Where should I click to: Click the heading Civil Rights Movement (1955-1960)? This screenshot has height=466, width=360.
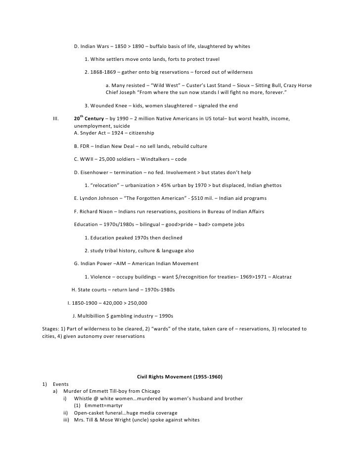click(x=180, y=377)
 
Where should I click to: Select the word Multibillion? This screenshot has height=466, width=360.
click(x=92, y=316)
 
